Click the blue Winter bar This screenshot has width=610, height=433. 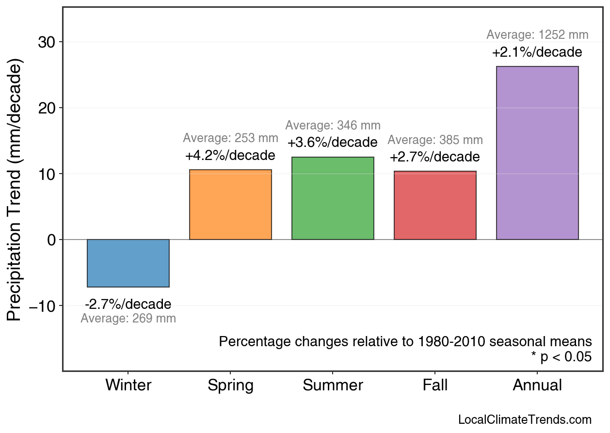pos(128,263)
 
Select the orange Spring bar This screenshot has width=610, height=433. pos(230,205)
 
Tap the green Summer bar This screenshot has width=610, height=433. pos(333,198)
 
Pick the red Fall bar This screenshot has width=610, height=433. pos(435,205)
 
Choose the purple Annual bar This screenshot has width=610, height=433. pos(537,153)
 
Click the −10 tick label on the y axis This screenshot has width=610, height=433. pos(45,306)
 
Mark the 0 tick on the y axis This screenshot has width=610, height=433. pos(52,240)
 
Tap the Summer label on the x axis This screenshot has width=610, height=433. pos(333,385)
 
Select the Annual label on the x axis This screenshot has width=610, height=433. pos(537,385)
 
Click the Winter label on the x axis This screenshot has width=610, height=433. pos(128,385)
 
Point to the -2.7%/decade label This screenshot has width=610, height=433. pos(128,305)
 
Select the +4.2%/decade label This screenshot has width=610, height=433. pos(230,156)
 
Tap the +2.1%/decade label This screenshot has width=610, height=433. pos(537,52)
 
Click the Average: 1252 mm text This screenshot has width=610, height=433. pos(537,35)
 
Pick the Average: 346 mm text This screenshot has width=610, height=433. pos(333,126)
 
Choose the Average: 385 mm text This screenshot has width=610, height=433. pos(435,141)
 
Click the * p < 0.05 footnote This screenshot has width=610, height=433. pos(561,357)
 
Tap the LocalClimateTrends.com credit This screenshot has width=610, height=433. pos(525,420)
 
